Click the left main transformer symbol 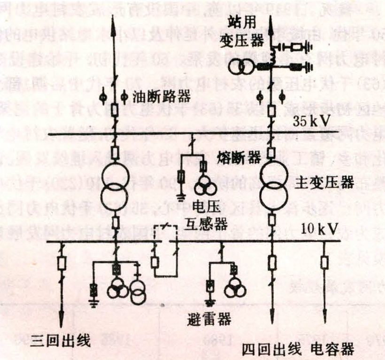click(114, 184)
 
